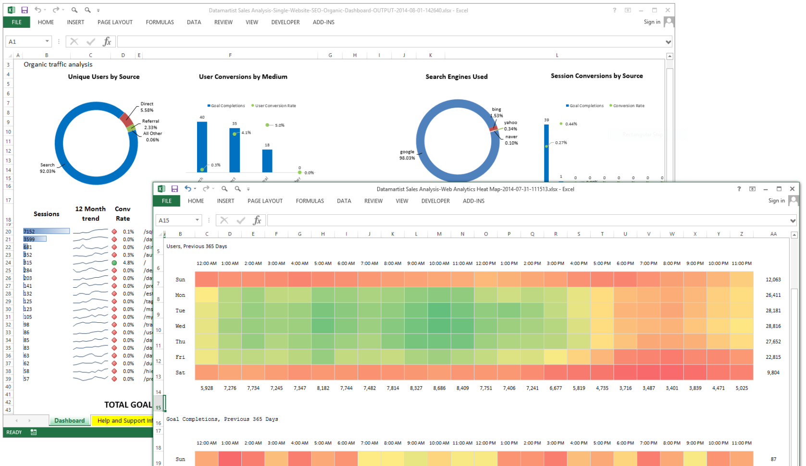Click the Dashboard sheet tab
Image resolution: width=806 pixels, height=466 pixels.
(x=70, y=420)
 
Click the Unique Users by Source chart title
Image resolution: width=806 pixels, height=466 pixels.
(x=104, y=76)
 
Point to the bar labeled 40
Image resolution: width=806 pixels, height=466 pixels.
(x=202, y=147)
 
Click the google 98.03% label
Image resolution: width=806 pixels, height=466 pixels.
(x=407, y=155)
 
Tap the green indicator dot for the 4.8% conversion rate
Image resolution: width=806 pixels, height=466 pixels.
(x=114, y=263)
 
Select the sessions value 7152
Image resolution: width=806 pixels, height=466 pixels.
(x=29, y=232)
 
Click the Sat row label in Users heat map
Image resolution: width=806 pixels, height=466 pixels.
(x=180, y=372)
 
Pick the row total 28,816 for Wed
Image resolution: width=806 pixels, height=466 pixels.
(x=773, y=326)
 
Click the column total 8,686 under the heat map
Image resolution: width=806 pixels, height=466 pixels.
(x=439, y=388)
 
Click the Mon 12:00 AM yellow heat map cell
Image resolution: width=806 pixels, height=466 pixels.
(x=207, y=295)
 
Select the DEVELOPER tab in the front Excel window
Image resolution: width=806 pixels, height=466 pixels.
(x=435, y=201)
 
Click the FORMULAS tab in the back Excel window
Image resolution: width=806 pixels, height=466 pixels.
(x=160, y=22)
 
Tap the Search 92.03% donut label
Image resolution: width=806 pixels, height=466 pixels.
(x=47, y=168)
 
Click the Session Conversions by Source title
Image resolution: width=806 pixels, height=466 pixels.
(x=596, y=76)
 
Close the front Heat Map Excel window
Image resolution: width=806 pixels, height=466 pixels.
(x=792, y=189)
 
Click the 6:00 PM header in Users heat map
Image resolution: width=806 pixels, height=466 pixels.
(x=625, y=263)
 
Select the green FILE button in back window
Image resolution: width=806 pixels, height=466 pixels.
(x=16, y=22)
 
